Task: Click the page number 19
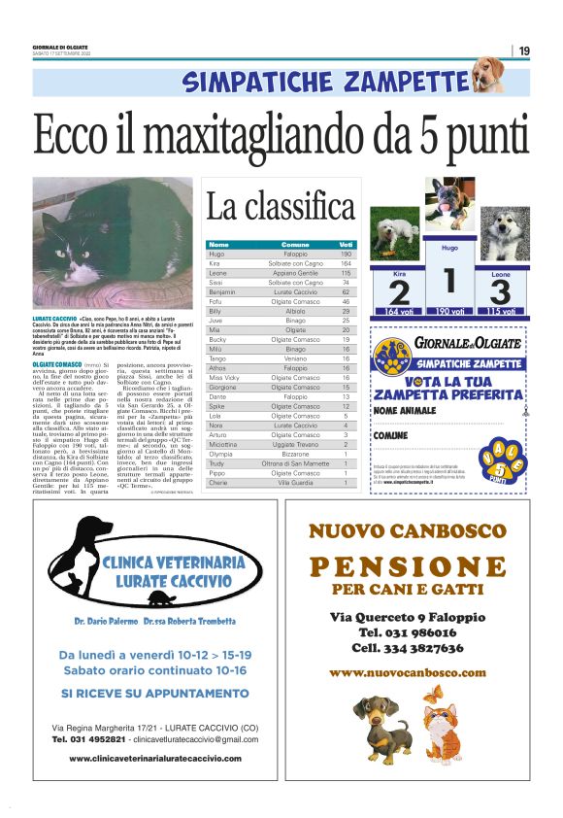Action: (524, 51)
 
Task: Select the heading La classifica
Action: (280, 206)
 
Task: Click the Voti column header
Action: (346, 244)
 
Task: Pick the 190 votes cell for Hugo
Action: (346, 254)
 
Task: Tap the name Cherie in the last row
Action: (219, 482)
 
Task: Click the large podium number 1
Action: (448, 281)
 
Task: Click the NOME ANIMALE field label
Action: (407, 411)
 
